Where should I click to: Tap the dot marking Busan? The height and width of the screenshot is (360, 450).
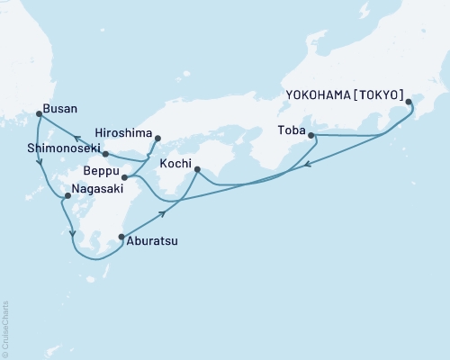pos(38,113)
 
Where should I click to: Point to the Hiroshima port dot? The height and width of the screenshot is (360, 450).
pos(157,139)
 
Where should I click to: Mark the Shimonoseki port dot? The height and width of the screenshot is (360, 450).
pos(105,154)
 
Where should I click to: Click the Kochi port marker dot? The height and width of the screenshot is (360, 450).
pos(196,168)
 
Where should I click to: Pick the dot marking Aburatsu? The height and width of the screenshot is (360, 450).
pos(121,238)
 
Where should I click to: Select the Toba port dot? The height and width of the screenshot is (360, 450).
pos(311,135)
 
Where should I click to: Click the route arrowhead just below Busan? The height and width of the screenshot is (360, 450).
pos(39,163)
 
